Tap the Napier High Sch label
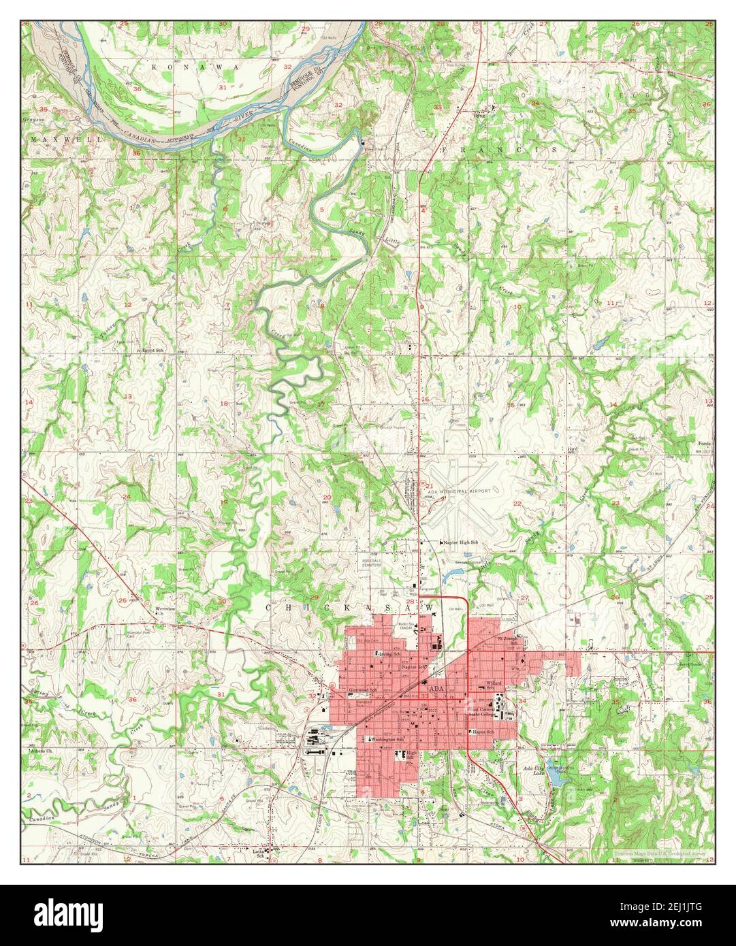tap(460, 542)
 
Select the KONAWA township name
tap(195, 68)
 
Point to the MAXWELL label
tap(65, 138)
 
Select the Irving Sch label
tap(388, 654)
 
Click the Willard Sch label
tap(495, 685)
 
